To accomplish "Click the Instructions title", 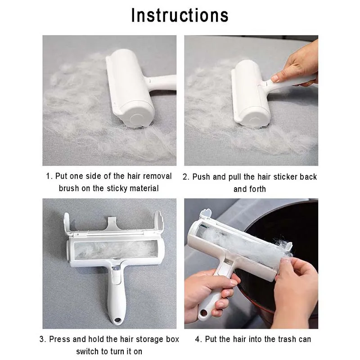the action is pyautogui.click(x=180, y=16).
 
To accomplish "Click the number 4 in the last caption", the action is pyautogui.click(x=198, y=339).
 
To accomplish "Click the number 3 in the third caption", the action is pyautogui.click(x=42, y=339).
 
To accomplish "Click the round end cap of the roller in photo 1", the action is pyautogui.click(x=136, y=118).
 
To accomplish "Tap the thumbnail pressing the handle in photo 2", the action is pyautogui.click(x=275, y=78).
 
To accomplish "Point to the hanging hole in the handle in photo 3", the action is pyautogui.click(x=117, y=320).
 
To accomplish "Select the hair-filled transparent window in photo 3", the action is pyautogui.click(x=116, y=250).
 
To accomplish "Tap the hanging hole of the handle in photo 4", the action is pyautogui.click(x=203, y=312).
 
